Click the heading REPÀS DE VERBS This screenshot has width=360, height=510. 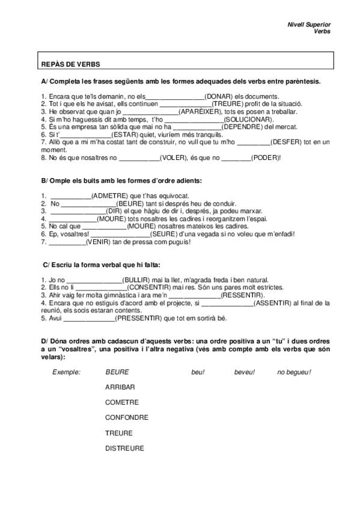point(70,64)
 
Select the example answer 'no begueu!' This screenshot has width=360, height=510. point(294,372)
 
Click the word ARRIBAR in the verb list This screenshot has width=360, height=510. point(120,387)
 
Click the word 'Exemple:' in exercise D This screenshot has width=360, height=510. point(66,372)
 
